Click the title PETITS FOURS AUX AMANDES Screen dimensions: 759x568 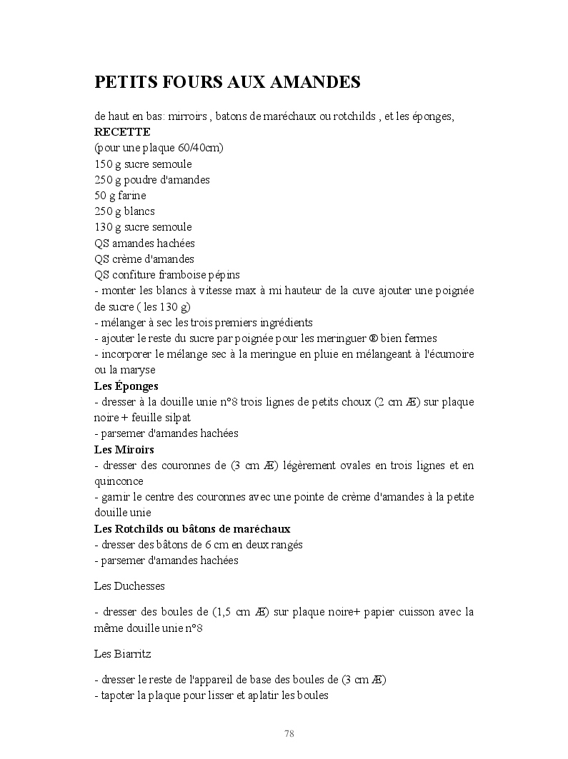click(227, 83)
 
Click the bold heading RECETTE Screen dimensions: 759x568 click(122, 132)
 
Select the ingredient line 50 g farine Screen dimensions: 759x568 click(120, 196)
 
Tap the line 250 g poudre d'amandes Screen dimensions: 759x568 click(151, 180)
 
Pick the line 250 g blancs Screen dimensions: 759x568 click(124, 211)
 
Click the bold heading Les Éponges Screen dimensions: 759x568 click(126, 386)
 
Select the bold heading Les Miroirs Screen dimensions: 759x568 click(124, 450)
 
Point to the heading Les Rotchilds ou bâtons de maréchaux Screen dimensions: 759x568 click(192, 529)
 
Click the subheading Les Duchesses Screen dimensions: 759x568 click(129, 586)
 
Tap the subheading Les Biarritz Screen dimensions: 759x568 click(122, 653)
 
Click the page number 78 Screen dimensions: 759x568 click(289, 734)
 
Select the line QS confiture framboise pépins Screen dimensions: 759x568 click(166, 275)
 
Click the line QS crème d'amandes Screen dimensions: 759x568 click(144, 259)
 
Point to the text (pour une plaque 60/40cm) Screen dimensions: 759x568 click(159, 148)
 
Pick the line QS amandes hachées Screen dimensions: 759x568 click(144, 243)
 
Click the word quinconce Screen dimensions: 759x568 click(119, 481)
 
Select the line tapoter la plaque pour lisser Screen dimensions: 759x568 click(211, 695)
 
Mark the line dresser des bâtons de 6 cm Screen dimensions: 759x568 click(199, 545)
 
